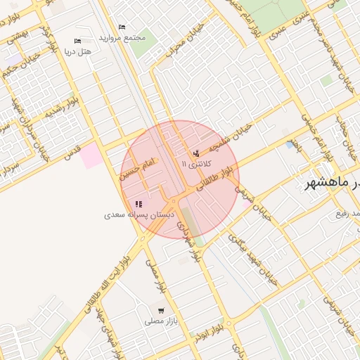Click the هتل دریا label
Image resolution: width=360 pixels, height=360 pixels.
pos(78,51)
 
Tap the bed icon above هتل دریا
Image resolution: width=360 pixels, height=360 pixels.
pos(77,41)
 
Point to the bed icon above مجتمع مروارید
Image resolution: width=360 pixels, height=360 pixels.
pos(122,27)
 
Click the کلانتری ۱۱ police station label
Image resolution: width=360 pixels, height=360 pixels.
pos(195,163)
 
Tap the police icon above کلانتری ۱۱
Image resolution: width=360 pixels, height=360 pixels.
pos(195,153)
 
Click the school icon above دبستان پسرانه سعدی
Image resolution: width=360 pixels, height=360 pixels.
pos(139,204)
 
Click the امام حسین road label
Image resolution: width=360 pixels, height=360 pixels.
pos(138,167)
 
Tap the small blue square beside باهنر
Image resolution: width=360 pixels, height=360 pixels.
pos(290,144)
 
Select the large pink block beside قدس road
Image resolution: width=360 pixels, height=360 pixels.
pos(91,155)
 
